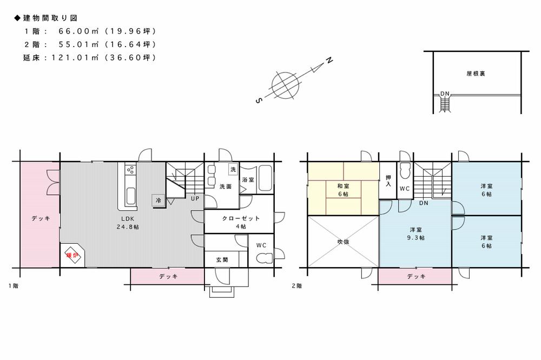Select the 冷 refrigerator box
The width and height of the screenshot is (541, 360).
point(159,199)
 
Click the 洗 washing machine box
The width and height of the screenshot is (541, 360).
point(233,169)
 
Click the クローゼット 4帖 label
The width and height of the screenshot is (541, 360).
point(241,222)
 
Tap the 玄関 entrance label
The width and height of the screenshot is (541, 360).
point(222,260)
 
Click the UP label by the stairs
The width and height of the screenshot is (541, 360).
point(194,198)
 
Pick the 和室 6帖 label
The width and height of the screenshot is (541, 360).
point(343,190)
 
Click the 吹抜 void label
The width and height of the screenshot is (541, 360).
point(343,242)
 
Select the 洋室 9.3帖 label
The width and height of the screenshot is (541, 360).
point(416,233)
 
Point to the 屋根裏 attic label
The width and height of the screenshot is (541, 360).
point(476,74)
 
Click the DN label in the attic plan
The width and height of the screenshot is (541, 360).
point(445,94)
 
